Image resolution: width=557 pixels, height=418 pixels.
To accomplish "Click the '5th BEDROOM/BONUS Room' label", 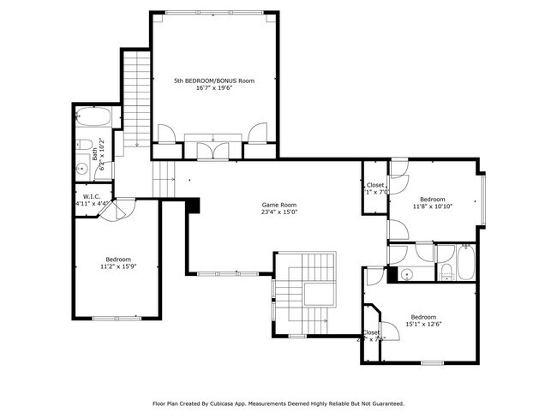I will point(214,81).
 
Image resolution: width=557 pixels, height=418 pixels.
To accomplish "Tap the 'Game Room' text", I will point(279,205).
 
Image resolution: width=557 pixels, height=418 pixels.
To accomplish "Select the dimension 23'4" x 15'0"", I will point(279,212).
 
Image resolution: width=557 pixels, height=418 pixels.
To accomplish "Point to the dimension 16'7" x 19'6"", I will point(214,88).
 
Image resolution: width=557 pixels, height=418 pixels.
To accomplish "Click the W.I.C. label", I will point(92,196).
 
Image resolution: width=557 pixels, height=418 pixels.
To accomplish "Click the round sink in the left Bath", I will point(83,169).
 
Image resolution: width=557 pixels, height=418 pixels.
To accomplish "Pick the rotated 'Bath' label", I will point(95,155).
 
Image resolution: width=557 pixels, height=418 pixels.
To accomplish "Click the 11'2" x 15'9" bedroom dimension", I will point(118,266).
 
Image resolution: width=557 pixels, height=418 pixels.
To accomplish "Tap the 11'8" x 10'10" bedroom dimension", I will point(433,206).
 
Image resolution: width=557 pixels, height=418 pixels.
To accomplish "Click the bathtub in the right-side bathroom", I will point(465,263).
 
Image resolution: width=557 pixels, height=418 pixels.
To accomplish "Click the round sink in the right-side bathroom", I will point(408,274).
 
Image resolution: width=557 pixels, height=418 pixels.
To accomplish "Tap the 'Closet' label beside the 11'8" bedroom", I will point(375,185).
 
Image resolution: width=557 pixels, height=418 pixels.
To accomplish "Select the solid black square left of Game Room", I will point(193,206).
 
